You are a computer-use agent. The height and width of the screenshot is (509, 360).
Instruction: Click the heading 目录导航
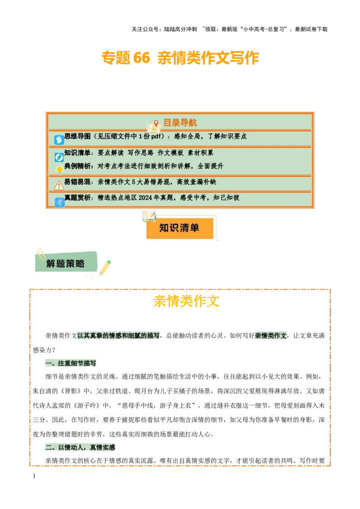pos(180,123)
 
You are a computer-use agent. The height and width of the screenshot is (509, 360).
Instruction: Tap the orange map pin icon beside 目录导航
pos(156,123)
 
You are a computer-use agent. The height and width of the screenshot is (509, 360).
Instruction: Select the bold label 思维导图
pos(77,136)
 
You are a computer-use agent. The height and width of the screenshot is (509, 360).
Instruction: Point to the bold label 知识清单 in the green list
pos(77,153)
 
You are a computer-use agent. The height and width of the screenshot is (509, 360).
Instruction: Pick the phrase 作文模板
pos(171,153)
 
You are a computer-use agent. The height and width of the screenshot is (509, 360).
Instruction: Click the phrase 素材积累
pos(200,153)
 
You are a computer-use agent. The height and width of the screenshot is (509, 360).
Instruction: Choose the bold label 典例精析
pos(77,166)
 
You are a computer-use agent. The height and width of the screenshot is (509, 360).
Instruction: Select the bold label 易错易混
pos(77,182)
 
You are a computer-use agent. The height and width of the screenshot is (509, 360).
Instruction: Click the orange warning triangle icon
pos(59,185)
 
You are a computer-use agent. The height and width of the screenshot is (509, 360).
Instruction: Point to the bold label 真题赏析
pos(77,198)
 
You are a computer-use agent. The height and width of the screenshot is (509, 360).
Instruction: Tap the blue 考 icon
pos(59,202)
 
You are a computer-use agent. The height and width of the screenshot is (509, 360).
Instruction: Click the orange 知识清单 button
pos(179,228)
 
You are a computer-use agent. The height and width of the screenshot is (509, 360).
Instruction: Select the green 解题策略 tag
pos(66,263)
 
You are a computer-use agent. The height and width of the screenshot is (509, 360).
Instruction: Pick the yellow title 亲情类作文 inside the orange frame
pos(186,301)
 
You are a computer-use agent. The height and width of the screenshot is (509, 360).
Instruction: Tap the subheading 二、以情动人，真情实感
pos(81,448)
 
